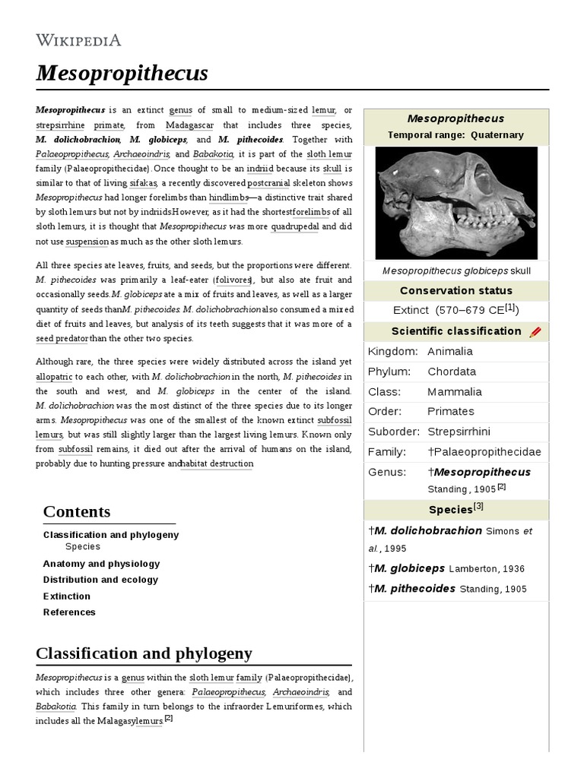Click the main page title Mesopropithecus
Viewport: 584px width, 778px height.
click(x=122, y=74)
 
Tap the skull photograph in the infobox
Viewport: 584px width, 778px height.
click(x=455, y=203)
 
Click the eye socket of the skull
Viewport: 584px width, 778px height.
click(x=486, y=180)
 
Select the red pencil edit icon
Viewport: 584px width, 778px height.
click(x=535, y=332)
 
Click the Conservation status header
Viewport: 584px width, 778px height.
click(x=455, y=291)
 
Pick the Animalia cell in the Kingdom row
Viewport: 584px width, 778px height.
click(x=450, y=351)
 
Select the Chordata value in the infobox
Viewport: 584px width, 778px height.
click(x=452, y=372)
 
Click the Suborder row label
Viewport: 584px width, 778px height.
click(x=393, y=432)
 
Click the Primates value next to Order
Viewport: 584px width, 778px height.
click(x=451, y=411)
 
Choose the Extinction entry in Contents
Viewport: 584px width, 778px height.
click(x=67, y=596)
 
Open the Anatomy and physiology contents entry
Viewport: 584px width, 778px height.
click(x=101, y=564)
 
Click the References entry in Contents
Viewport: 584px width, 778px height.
click(x=69, y=612)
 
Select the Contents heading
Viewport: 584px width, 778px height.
click(x=77, y=511)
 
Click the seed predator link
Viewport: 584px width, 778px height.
click(x=62, y=339)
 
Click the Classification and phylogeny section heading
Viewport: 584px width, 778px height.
click(x=144, y=653)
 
